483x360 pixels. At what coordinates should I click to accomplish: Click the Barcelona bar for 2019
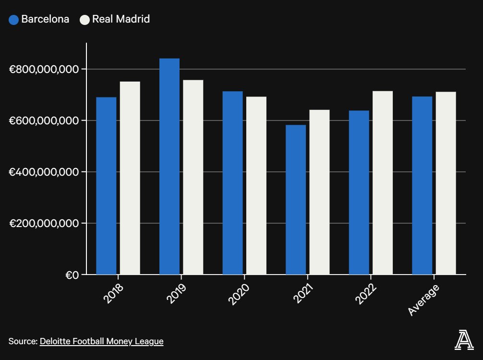click(169, 166)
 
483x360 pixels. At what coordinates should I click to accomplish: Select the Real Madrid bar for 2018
click(130, 178)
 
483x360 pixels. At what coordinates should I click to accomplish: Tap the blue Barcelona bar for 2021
click(296, 200)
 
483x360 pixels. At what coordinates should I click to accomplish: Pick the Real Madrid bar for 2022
click(383, 182)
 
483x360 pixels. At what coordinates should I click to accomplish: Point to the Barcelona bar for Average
click(422, 185)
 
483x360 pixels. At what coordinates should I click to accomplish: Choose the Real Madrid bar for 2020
click(256, 185)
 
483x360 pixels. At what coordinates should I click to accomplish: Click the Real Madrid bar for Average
click(446, 183)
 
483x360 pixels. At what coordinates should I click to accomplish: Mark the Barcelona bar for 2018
click(106, 186)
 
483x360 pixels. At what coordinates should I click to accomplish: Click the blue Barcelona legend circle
click(14, 20)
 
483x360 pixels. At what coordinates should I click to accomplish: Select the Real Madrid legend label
click(121, 19)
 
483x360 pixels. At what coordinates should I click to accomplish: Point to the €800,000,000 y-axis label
click(44, 69)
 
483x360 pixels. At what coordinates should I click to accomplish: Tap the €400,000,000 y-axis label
click(44, 172)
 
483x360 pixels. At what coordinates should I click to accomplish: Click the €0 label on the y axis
click(72, 275)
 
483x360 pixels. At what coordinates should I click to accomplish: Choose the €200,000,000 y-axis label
click(44, 223)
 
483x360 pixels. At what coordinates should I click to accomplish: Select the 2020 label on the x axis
click(239, 294)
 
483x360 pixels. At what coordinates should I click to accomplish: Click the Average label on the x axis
click(423, 300)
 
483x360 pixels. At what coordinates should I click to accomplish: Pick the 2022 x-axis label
click(366, 294)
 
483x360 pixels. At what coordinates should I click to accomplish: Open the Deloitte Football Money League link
click(101, 341)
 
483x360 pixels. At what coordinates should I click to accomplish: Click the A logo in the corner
click(464, 340)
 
